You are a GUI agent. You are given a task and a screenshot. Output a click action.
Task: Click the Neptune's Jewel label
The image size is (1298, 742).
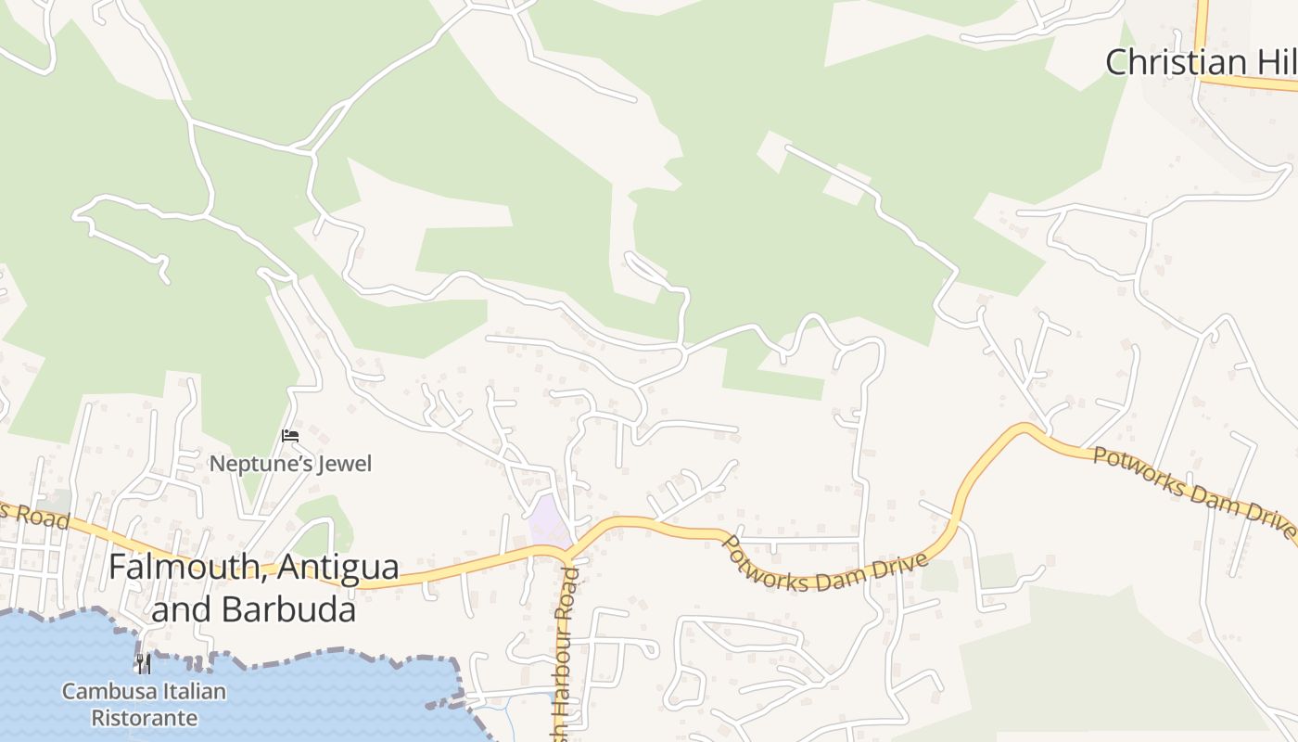[290, 463]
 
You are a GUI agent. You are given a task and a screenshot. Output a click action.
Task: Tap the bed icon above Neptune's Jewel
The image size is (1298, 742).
[290, 435]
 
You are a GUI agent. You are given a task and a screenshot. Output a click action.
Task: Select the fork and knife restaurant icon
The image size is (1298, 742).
[143, 663]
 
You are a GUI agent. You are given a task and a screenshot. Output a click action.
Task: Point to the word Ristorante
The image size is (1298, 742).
[144, 718]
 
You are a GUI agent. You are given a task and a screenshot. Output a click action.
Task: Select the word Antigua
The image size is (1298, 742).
[337, 567]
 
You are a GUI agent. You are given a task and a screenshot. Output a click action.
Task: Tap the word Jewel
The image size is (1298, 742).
[344, 463]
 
